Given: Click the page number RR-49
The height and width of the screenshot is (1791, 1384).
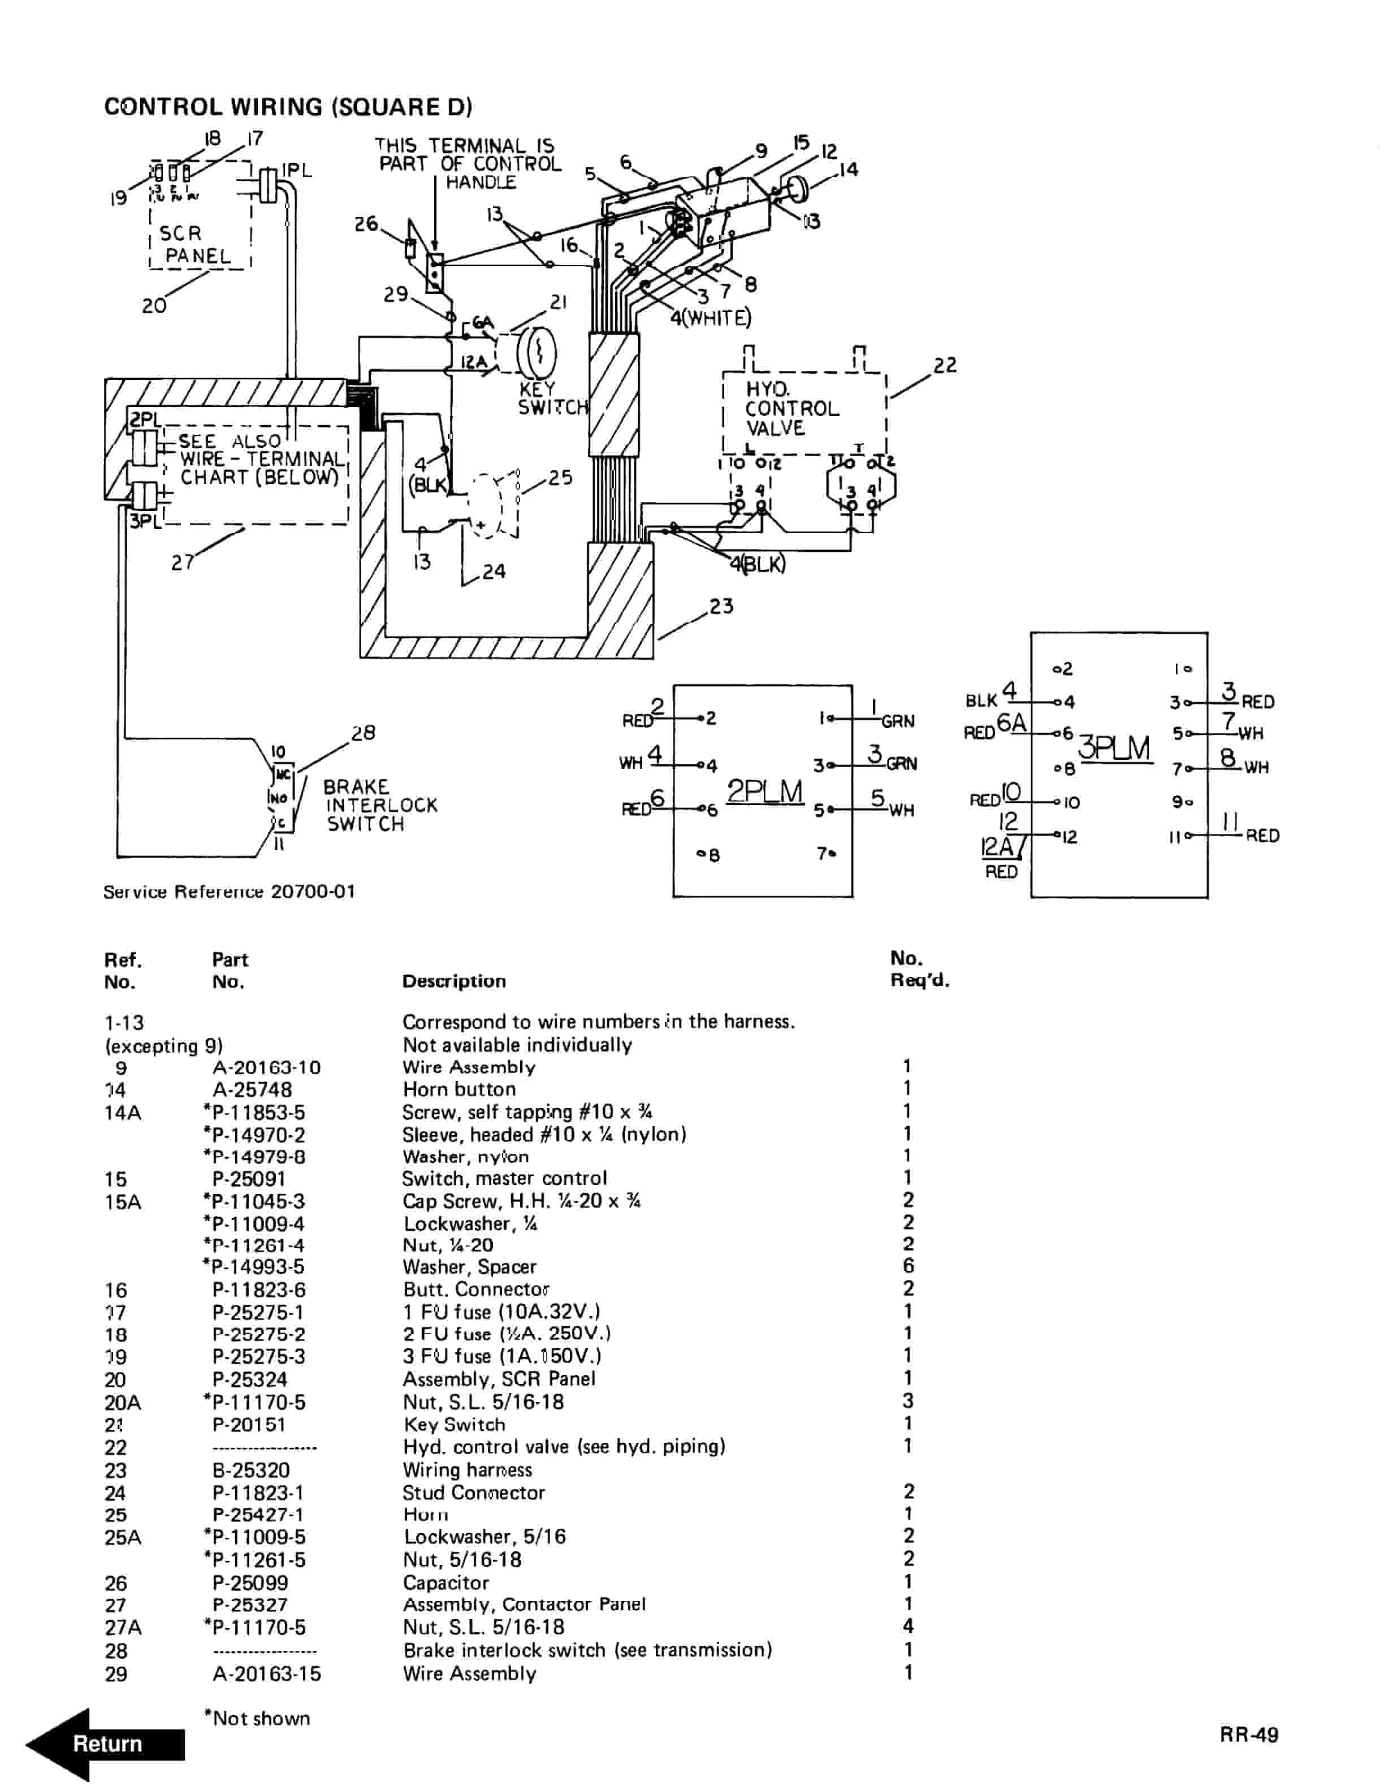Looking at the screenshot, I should point(1248,1734).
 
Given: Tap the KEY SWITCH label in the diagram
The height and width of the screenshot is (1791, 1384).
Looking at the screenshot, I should point(552,398).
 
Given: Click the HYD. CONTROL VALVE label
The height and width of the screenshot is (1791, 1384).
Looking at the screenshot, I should point(791,408).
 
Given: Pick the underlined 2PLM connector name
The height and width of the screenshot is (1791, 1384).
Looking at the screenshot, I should point(764,791).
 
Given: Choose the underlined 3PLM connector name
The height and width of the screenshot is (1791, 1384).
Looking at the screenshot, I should point(1113,748).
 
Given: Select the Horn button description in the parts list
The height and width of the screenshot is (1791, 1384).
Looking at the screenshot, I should point(459,1089).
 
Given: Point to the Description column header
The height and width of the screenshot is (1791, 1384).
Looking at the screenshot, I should point(453,981).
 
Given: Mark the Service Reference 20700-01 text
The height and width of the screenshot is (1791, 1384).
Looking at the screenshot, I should point(230,892).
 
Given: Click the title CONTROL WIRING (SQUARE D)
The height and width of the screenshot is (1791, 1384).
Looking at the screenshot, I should point(288,107).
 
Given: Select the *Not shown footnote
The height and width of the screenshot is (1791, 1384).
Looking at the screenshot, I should point(257,1718).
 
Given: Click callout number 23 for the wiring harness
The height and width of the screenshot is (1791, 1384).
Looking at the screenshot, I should point(721,606).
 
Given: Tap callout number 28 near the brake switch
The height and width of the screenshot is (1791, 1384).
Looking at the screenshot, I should point(362,732).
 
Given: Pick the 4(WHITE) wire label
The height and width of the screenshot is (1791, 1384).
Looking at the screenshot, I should point(710,317).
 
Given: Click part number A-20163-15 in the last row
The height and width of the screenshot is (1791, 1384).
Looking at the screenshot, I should point(266,1674).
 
